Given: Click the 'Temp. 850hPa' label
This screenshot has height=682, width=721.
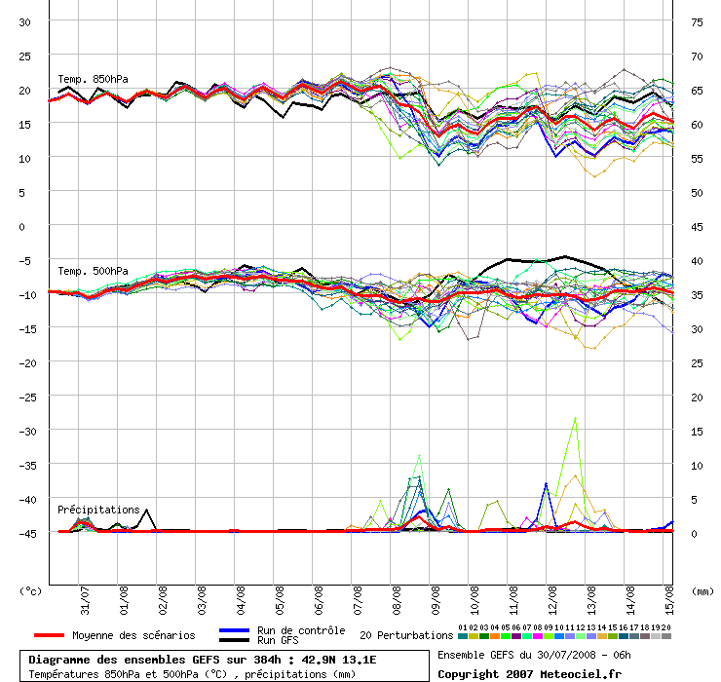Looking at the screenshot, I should click(x=93, y=79).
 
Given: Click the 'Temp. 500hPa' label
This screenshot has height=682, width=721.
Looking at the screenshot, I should click(x=93, y=271).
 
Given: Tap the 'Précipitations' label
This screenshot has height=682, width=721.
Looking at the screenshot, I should click(x=98, y=510).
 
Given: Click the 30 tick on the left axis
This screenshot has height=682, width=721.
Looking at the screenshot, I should click(x=25, y=21).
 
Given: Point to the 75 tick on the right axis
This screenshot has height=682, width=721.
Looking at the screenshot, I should click(x=697, y=21).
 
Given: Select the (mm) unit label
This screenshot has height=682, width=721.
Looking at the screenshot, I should click(x=702, y=590).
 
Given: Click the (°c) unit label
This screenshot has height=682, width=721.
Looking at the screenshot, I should click(x=31, y=590).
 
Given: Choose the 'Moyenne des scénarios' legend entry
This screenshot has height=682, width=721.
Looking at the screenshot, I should click(x=133, y=635).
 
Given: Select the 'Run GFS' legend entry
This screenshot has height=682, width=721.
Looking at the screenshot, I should click(x=278, y=641).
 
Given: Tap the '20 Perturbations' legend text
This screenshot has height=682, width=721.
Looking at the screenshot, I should click(x=406, y=635).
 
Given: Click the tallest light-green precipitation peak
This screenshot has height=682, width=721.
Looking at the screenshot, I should click(x=575, y=417).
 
